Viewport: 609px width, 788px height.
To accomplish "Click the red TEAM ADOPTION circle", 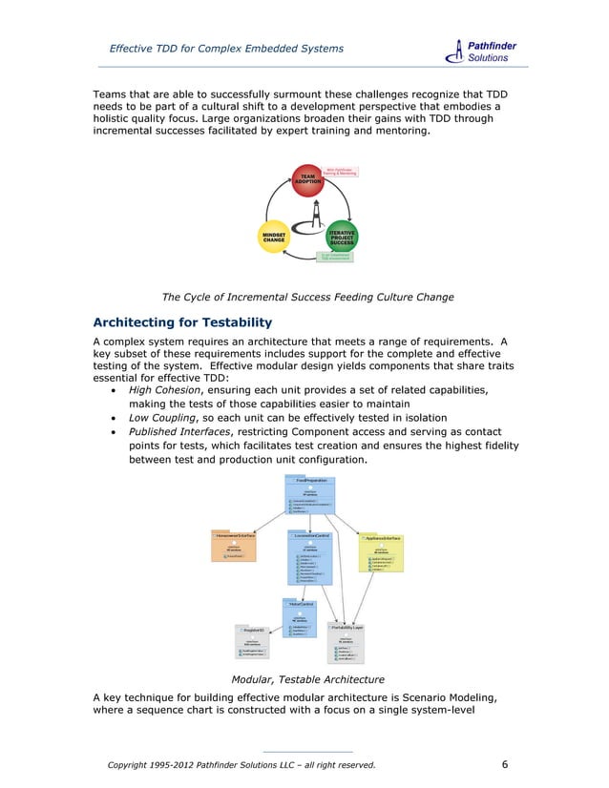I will [307, 180].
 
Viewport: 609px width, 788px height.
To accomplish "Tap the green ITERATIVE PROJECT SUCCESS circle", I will [342, 238].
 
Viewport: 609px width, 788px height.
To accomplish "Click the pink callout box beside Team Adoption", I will [341, 172].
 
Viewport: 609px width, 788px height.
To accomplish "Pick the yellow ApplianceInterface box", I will [381, 550].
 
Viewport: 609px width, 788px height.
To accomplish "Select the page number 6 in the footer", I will [505, 764].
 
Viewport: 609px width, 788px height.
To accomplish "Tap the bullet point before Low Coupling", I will [115, 418].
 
